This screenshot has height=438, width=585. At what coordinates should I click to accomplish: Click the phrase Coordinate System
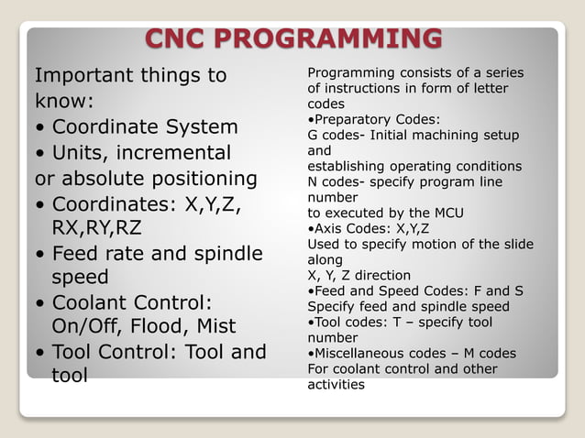coord(145,126)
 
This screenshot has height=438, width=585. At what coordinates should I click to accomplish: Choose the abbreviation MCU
coord(446,214)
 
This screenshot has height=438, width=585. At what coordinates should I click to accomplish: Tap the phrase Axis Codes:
coord(350,228)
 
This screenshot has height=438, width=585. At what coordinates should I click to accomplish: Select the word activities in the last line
coord(336,385)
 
